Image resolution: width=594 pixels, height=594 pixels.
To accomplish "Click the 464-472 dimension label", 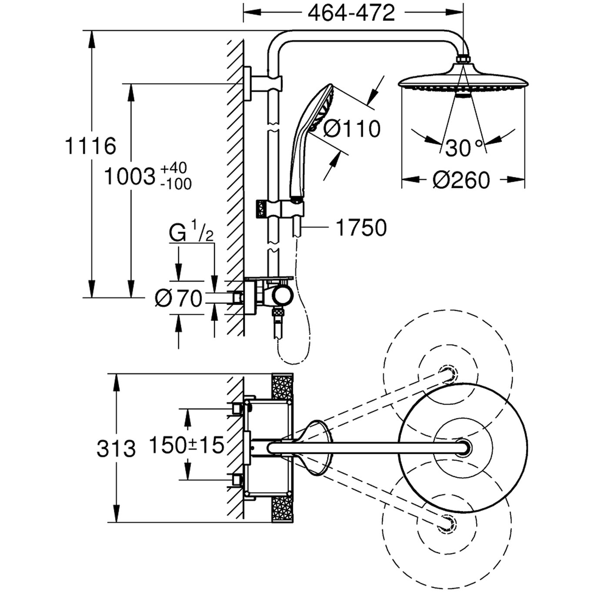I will coord(351,13).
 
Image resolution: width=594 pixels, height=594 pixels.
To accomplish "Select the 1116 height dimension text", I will coord(90,146).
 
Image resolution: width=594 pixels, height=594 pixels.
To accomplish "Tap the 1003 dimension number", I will coord(130,177).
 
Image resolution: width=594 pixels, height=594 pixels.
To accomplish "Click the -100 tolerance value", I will coord(175,184).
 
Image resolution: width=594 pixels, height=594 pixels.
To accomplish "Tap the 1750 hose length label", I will coord(361,228).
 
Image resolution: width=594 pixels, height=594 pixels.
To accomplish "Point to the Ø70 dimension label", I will coord(179,298).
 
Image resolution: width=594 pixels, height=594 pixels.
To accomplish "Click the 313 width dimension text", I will coord(116,449).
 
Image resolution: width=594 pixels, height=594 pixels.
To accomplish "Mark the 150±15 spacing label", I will coord(187,445).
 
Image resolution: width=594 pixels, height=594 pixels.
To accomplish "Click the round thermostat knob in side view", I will coord(282,297).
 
